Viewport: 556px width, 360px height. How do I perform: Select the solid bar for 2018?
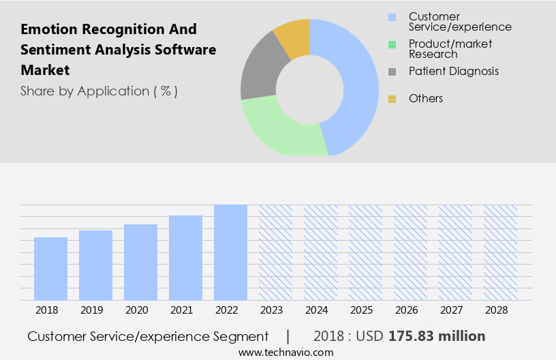50,269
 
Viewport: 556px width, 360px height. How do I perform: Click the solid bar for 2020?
140,262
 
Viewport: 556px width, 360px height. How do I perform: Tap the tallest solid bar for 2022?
230,252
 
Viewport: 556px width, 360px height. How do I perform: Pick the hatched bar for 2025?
365,252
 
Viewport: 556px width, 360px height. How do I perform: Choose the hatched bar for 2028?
500,252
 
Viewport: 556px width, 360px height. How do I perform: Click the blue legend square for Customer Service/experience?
392,17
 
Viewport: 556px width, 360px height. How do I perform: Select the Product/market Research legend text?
450,48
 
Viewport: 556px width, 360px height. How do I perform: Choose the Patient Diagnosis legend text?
453,71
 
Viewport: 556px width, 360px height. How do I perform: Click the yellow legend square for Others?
392,99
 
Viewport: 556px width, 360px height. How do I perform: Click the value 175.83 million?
437,336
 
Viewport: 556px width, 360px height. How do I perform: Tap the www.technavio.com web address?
286,352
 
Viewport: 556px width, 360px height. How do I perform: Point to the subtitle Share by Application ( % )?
99,91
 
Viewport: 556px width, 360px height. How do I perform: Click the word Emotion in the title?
49,29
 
